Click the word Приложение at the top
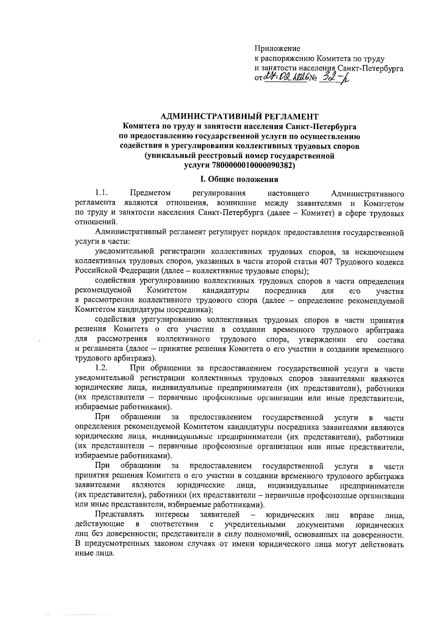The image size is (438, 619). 277,48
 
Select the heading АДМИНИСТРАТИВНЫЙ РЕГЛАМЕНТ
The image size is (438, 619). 240,117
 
